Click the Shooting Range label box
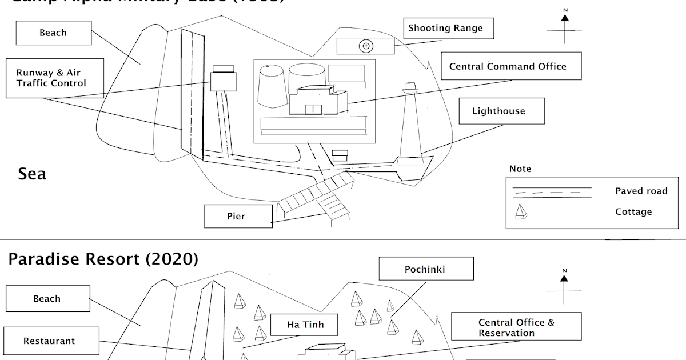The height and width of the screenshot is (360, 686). (446, 28)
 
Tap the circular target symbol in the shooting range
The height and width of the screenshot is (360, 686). (366, 46)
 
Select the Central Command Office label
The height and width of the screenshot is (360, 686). (507, 66)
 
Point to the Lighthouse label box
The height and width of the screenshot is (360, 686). (498, 111)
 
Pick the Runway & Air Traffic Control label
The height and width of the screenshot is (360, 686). (51, 78)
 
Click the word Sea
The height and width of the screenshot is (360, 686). (32, 174)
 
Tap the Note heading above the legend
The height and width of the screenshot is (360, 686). (520, 169)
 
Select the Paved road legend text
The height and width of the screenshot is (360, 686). (641, 191)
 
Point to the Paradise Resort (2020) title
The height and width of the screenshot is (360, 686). (103, 259)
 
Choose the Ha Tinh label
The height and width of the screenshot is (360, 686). (305, 325)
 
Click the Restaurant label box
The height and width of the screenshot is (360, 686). (49, 341)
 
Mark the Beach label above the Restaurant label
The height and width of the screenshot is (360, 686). (47, 298)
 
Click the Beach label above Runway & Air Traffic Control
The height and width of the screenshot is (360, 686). (53, 33)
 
